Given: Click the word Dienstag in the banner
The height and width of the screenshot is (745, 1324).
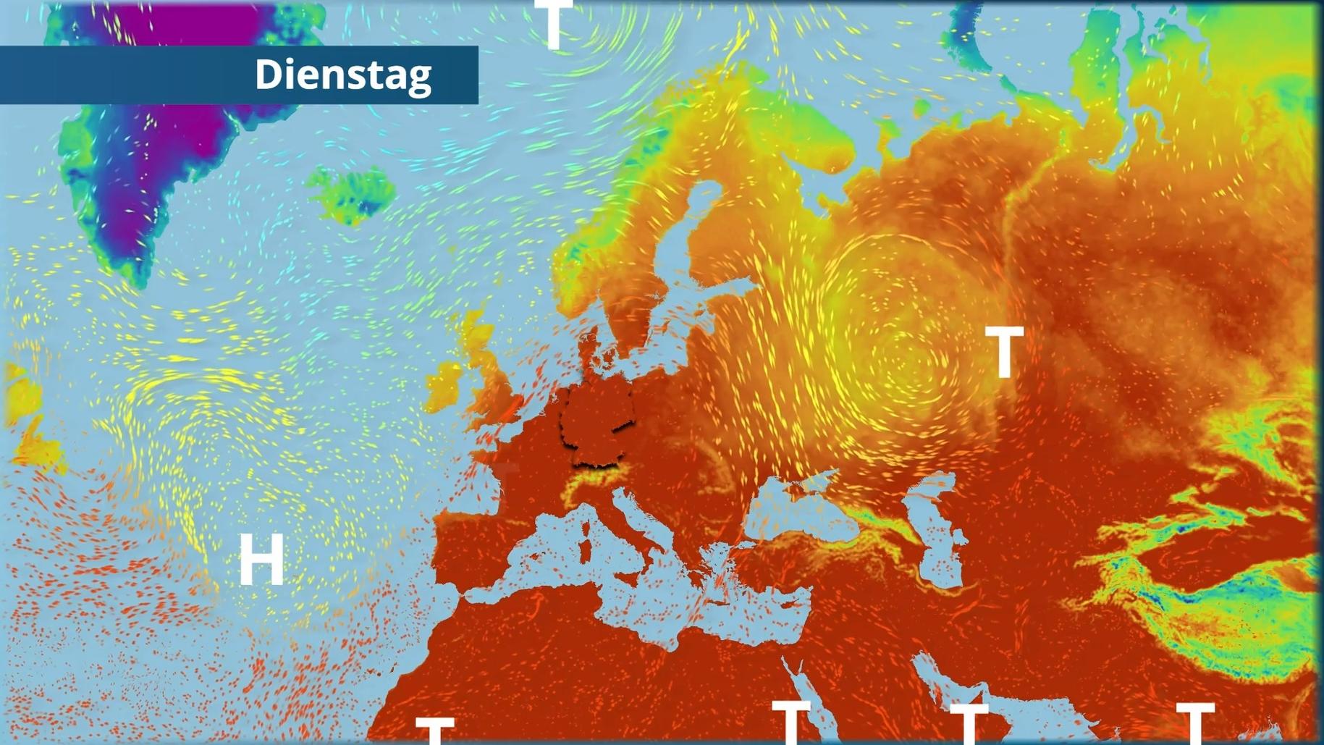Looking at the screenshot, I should pos(343,75).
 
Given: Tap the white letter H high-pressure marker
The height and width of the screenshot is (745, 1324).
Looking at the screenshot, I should pos(261,560).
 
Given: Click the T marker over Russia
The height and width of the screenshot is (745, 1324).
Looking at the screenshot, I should pos(1004,352).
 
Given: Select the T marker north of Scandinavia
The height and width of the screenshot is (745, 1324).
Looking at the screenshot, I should pos(555,23).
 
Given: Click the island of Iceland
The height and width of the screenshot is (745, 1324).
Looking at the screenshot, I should pos(353,193).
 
